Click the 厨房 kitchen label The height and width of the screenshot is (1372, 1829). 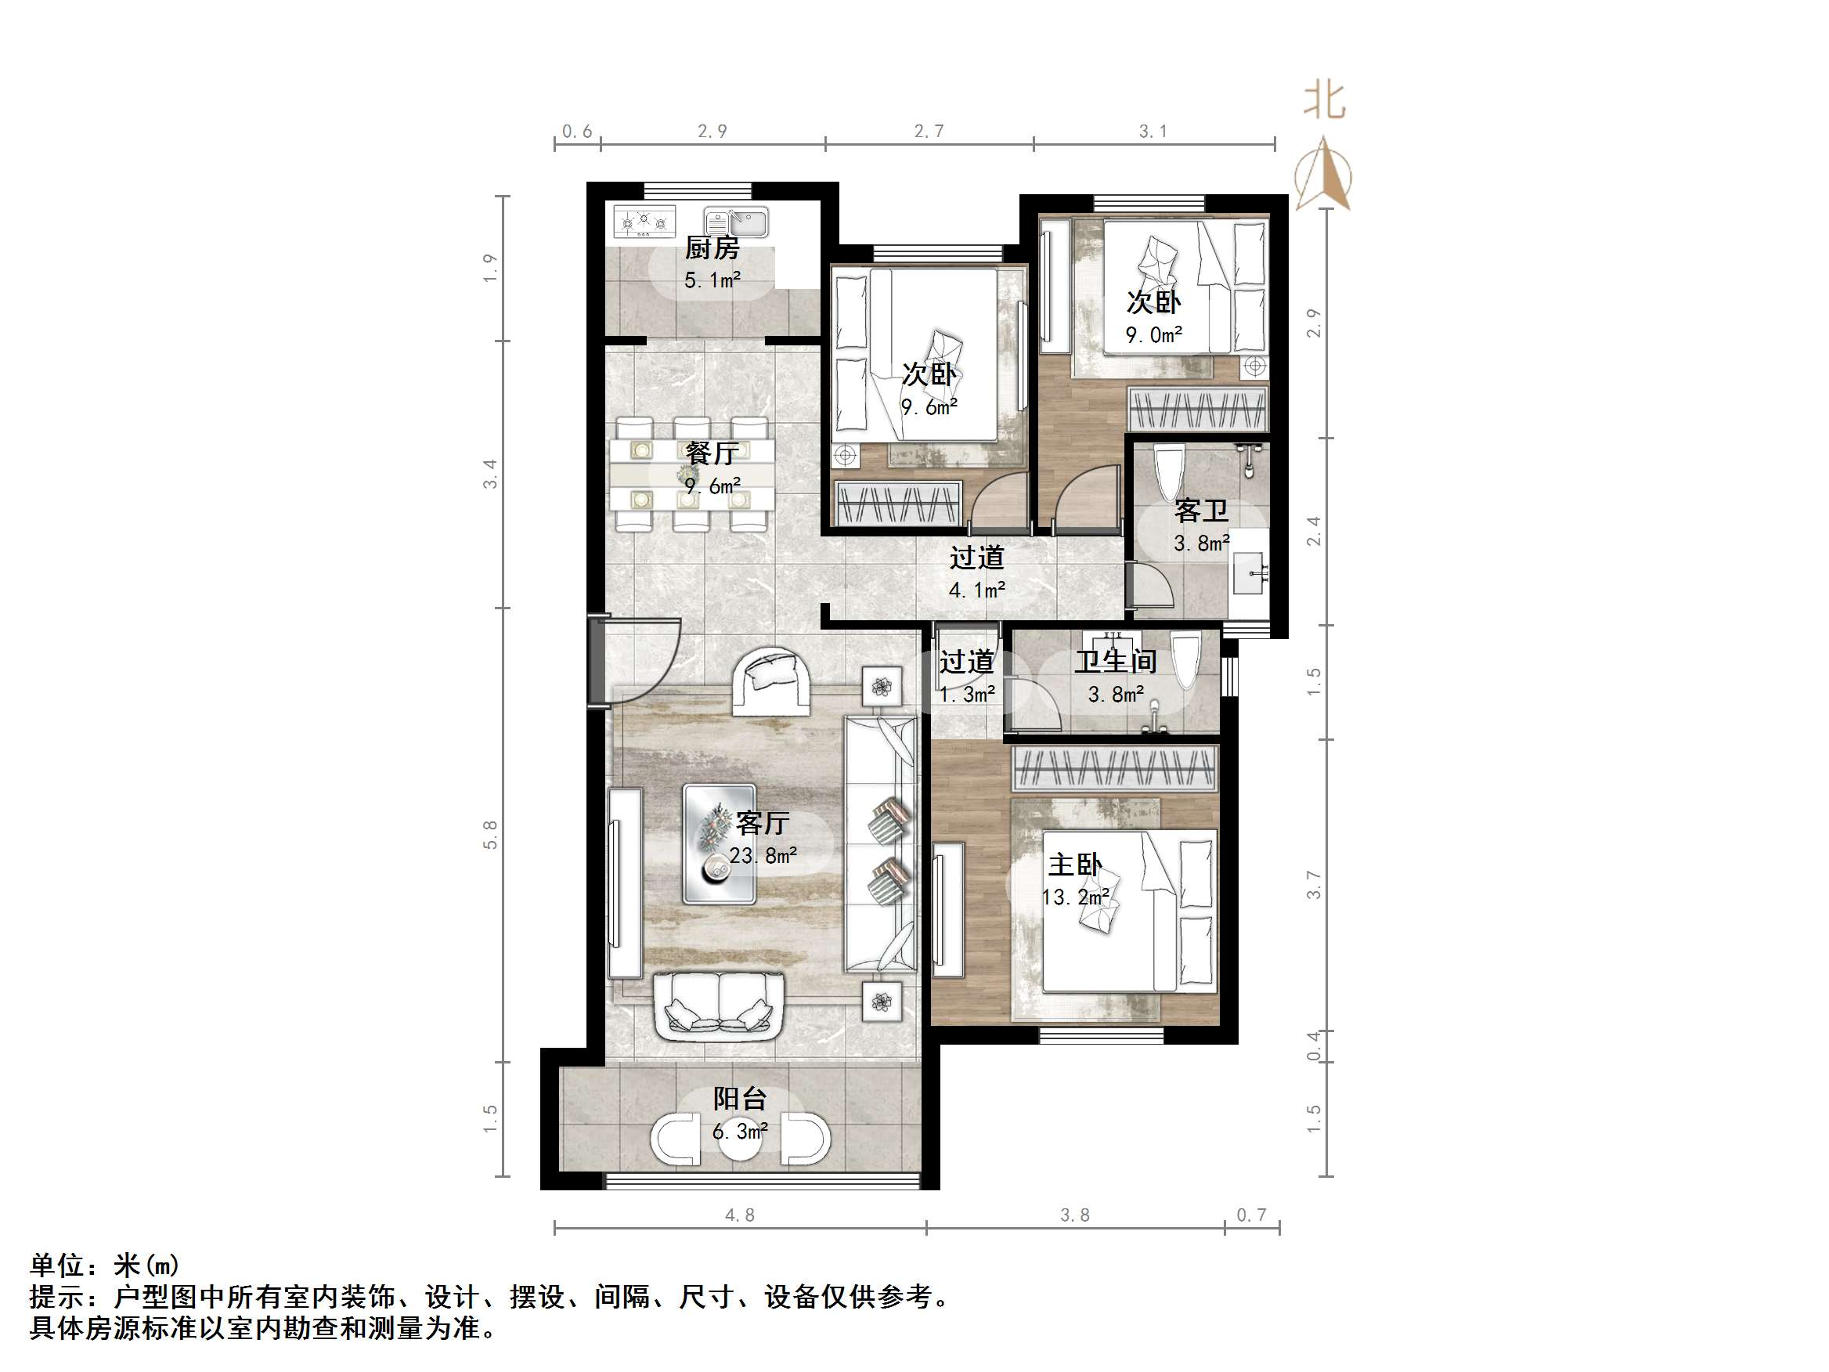[711, 247]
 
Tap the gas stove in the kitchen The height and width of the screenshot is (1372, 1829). [644, 222]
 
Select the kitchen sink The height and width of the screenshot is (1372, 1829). [737, 222]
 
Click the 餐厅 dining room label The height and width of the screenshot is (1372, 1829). [711, 453]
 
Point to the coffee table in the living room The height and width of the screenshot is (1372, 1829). [719, 843]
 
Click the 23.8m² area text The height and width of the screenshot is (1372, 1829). [763, 855]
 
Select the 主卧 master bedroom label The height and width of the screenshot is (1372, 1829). [1074, 865]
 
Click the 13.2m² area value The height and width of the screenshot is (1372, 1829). [1075, 897]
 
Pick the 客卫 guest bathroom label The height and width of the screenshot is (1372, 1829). [1200, 511]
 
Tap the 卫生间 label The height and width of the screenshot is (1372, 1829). [1116, 661]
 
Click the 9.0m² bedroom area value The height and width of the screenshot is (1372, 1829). [1153, 335]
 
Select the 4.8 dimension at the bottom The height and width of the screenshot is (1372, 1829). [739, 1215]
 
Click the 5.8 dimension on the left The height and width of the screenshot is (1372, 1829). [490, 835]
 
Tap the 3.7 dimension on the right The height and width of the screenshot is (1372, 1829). [1314, 885]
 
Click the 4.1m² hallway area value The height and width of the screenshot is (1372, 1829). [976, 590]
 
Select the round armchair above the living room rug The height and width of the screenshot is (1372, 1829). [770, 680]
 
